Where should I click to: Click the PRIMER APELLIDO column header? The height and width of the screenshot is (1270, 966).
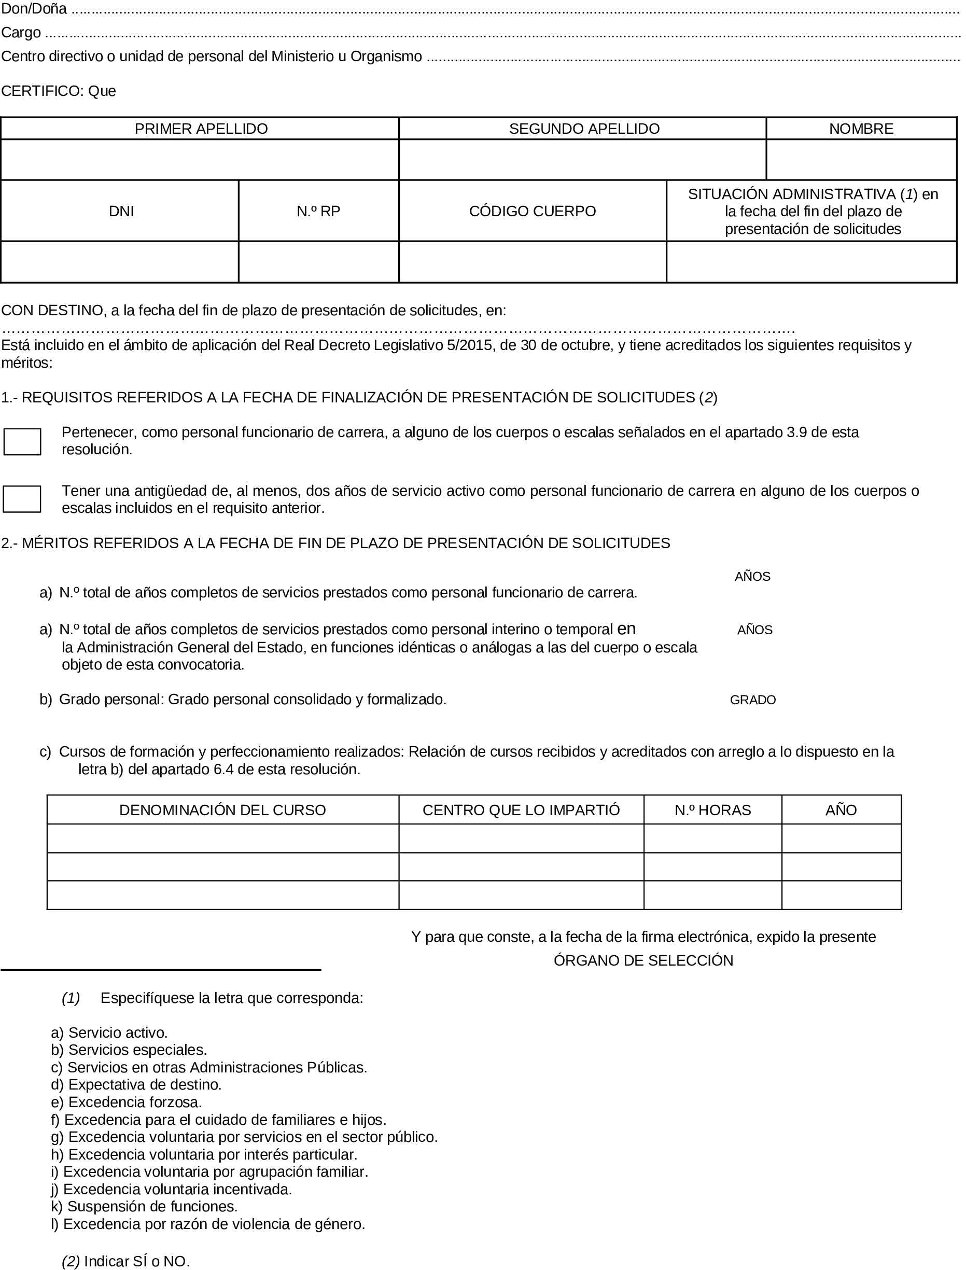[201, 129]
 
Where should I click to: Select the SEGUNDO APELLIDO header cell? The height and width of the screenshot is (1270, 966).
[584, 129]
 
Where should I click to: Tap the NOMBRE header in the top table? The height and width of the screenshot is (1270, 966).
[861, 129]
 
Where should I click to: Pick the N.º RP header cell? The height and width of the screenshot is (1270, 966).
[318, 212]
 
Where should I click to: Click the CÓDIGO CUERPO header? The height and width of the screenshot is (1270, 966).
[533, 212]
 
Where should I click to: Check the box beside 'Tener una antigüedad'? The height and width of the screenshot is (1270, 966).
[22, 499]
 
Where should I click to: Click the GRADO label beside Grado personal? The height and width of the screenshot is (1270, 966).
[753, 700]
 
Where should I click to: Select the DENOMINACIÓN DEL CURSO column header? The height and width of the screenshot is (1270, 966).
[222, 810]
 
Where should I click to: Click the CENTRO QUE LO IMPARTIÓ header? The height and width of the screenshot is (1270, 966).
[521, 810]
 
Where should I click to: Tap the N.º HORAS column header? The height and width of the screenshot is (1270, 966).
[712, 810]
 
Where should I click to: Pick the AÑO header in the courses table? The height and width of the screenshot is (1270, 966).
[841, 810]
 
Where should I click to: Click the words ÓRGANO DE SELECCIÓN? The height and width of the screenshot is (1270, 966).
[643, 961]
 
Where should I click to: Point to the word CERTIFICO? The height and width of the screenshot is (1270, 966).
[41, 91]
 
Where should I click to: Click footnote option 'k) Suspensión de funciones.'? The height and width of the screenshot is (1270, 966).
[144, 1206]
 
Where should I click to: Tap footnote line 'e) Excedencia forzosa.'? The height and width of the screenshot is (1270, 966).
[127, 1102]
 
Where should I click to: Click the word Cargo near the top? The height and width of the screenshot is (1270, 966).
[21, 33]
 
